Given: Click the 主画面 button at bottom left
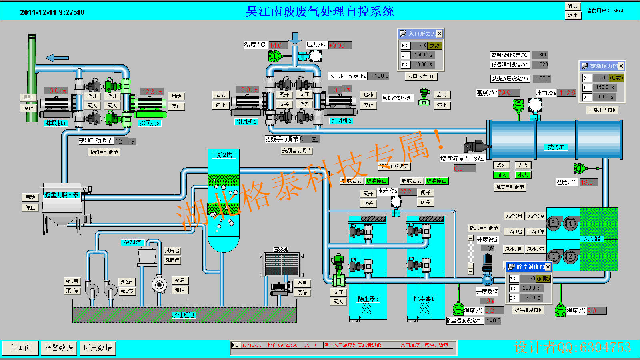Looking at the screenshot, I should [x=20, y=348].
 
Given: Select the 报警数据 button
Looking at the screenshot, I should [x=59, y=348].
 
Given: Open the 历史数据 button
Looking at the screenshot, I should [x=98, y=348].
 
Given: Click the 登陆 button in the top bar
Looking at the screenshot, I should [x=573, y=6].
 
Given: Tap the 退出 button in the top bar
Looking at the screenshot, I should [x=573, y=15].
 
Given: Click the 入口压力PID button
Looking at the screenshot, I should [x=421, y=76].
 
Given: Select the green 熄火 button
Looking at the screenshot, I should [x=501, y=175].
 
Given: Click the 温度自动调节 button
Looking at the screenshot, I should [x=510, y=187].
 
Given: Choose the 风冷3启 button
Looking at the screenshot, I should [x=514, y=216].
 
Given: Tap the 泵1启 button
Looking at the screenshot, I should [x=72, y=281].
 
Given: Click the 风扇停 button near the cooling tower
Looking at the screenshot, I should [x=172, y=260].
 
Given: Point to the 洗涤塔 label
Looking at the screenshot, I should [x=224, y=155].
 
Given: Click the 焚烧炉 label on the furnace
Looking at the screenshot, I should [x=556, y=147].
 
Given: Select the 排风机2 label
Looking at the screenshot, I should [x=150, y=123].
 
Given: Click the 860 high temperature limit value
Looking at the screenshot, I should [x=543, y=55].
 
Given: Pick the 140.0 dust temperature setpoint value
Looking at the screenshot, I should [x=493, y=320].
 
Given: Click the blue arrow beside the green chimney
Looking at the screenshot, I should [x=56, y=58].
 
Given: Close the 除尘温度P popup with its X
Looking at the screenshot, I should [x=548, y=267].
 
